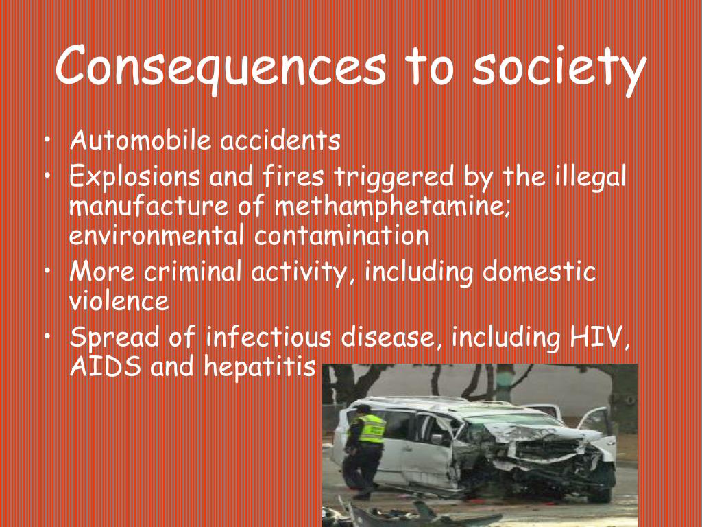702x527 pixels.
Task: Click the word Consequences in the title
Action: click(221, 67)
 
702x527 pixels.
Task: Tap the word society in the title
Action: click(559, 69)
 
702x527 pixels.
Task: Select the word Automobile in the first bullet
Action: click(141, 140)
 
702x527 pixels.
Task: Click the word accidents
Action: click(280, 140)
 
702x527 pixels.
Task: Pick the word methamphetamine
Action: click(392, 207)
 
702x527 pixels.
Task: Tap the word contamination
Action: click(341, 236)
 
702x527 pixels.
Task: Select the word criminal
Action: click(193, 272)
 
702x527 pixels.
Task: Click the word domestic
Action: click(540, 272)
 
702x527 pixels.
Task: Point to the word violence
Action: click(119, 301)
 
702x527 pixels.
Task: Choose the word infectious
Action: click(268, 336)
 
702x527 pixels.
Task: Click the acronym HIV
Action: click(599, 338)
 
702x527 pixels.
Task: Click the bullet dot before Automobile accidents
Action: click(47, 141)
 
